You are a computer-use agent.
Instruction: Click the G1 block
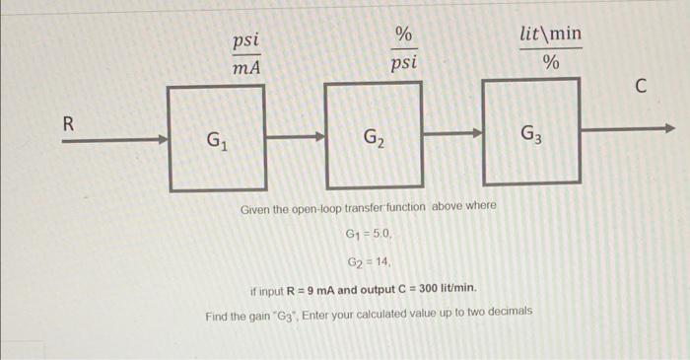(x=216, y=137)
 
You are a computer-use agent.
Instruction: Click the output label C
(x=640, y=88)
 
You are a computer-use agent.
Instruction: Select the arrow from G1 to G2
(x=295, y=139)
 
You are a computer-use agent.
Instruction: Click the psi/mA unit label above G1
(x=245, y=54)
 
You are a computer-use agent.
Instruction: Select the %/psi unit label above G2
(x=403, y=48)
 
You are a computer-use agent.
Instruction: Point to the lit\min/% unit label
(x=551, y=48)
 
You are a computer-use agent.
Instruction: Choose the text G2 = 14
(x=371, y=262)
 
